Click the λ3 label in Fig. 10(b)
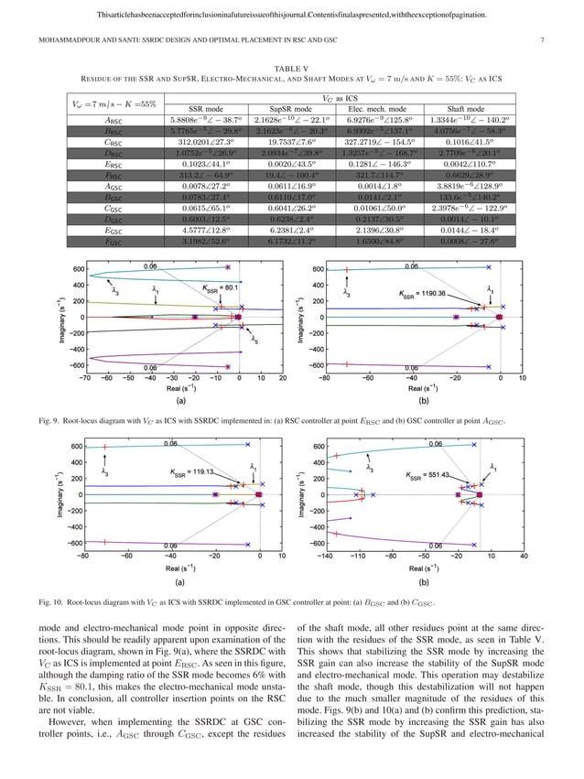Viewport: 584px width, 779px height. pyautogui.click(x=369, y=468)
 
